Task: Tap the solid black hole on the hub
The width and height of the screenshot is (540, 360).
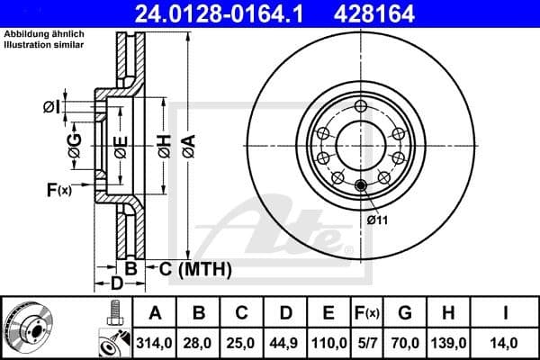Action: tap(362, 186)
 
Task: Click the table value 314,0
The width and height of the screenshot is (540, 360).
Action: tap(155, 341)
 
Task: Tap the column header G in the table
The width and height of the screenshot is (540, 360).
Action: tap(405, 313)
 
